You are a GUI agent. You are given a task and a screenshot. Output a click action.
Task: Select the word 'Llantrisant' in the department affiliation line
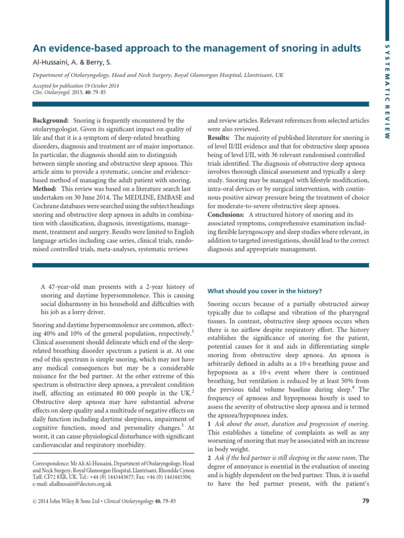[253, 76]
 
